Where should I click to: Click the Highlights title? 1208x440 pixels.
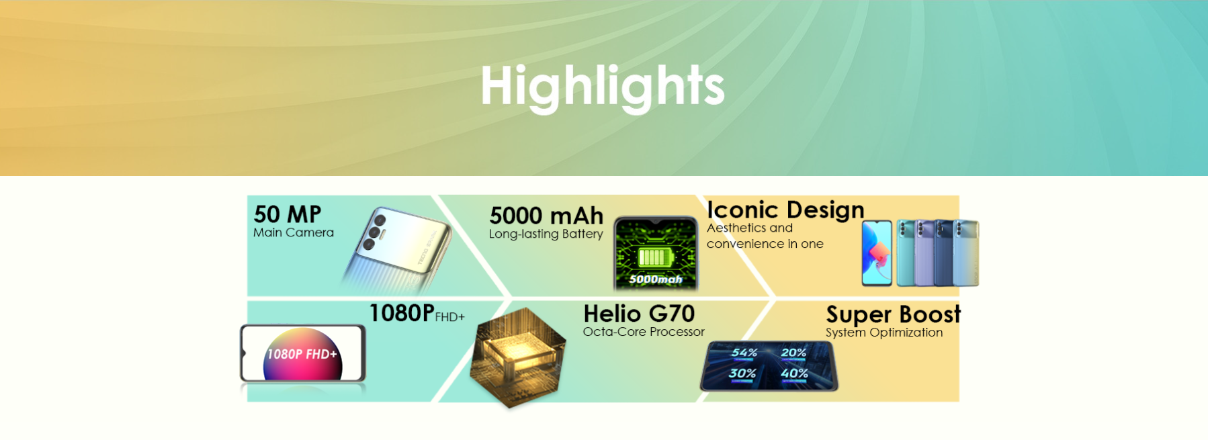click(x=603, y=86)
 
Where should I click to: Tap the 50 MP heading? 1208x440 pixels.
click(x=288, y=214)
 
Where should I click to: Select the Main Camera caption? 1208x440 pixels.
click(x=294, y=232)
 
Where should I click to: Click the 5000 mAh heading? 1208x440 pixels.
click(x=546, y=216)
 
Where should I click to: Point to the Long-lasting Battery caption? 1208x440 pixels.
click(x=546, y=234)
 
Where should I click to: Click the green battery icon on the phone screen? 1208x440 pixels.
click(x=654, y=257)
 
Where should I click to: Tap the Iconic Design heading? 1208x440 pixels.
click(x=785, y=210)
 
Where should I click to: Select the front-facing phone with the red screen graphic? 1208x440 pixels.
click(x=877, y=253)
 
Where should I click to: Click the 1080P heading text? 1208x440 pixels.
click(x=402, y=313)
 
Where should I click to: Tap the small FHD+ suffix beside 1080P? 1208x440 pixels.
click(x=449, y=317)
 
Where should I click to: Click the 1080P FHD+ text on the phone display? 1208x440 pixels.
click(x=302, y=354)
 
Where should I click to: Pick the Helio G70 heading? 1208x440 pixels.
click(x=639, y=314)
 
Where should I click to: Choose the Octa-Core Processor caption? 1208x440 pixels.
click(x=644, y=332)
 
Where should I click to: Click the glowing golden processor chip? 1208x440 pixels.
click(x=518, y=357)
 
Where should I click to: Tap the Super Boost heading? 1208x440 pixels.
click(x=894, y=314)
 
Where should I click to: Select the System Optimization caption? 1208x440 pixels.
click(x=884, y=333)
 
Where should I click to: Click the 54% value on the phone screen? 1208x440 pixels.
click(x=744, y=353)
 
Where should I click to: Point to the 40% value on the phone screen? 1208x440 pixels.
click(x=794, y=373)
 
